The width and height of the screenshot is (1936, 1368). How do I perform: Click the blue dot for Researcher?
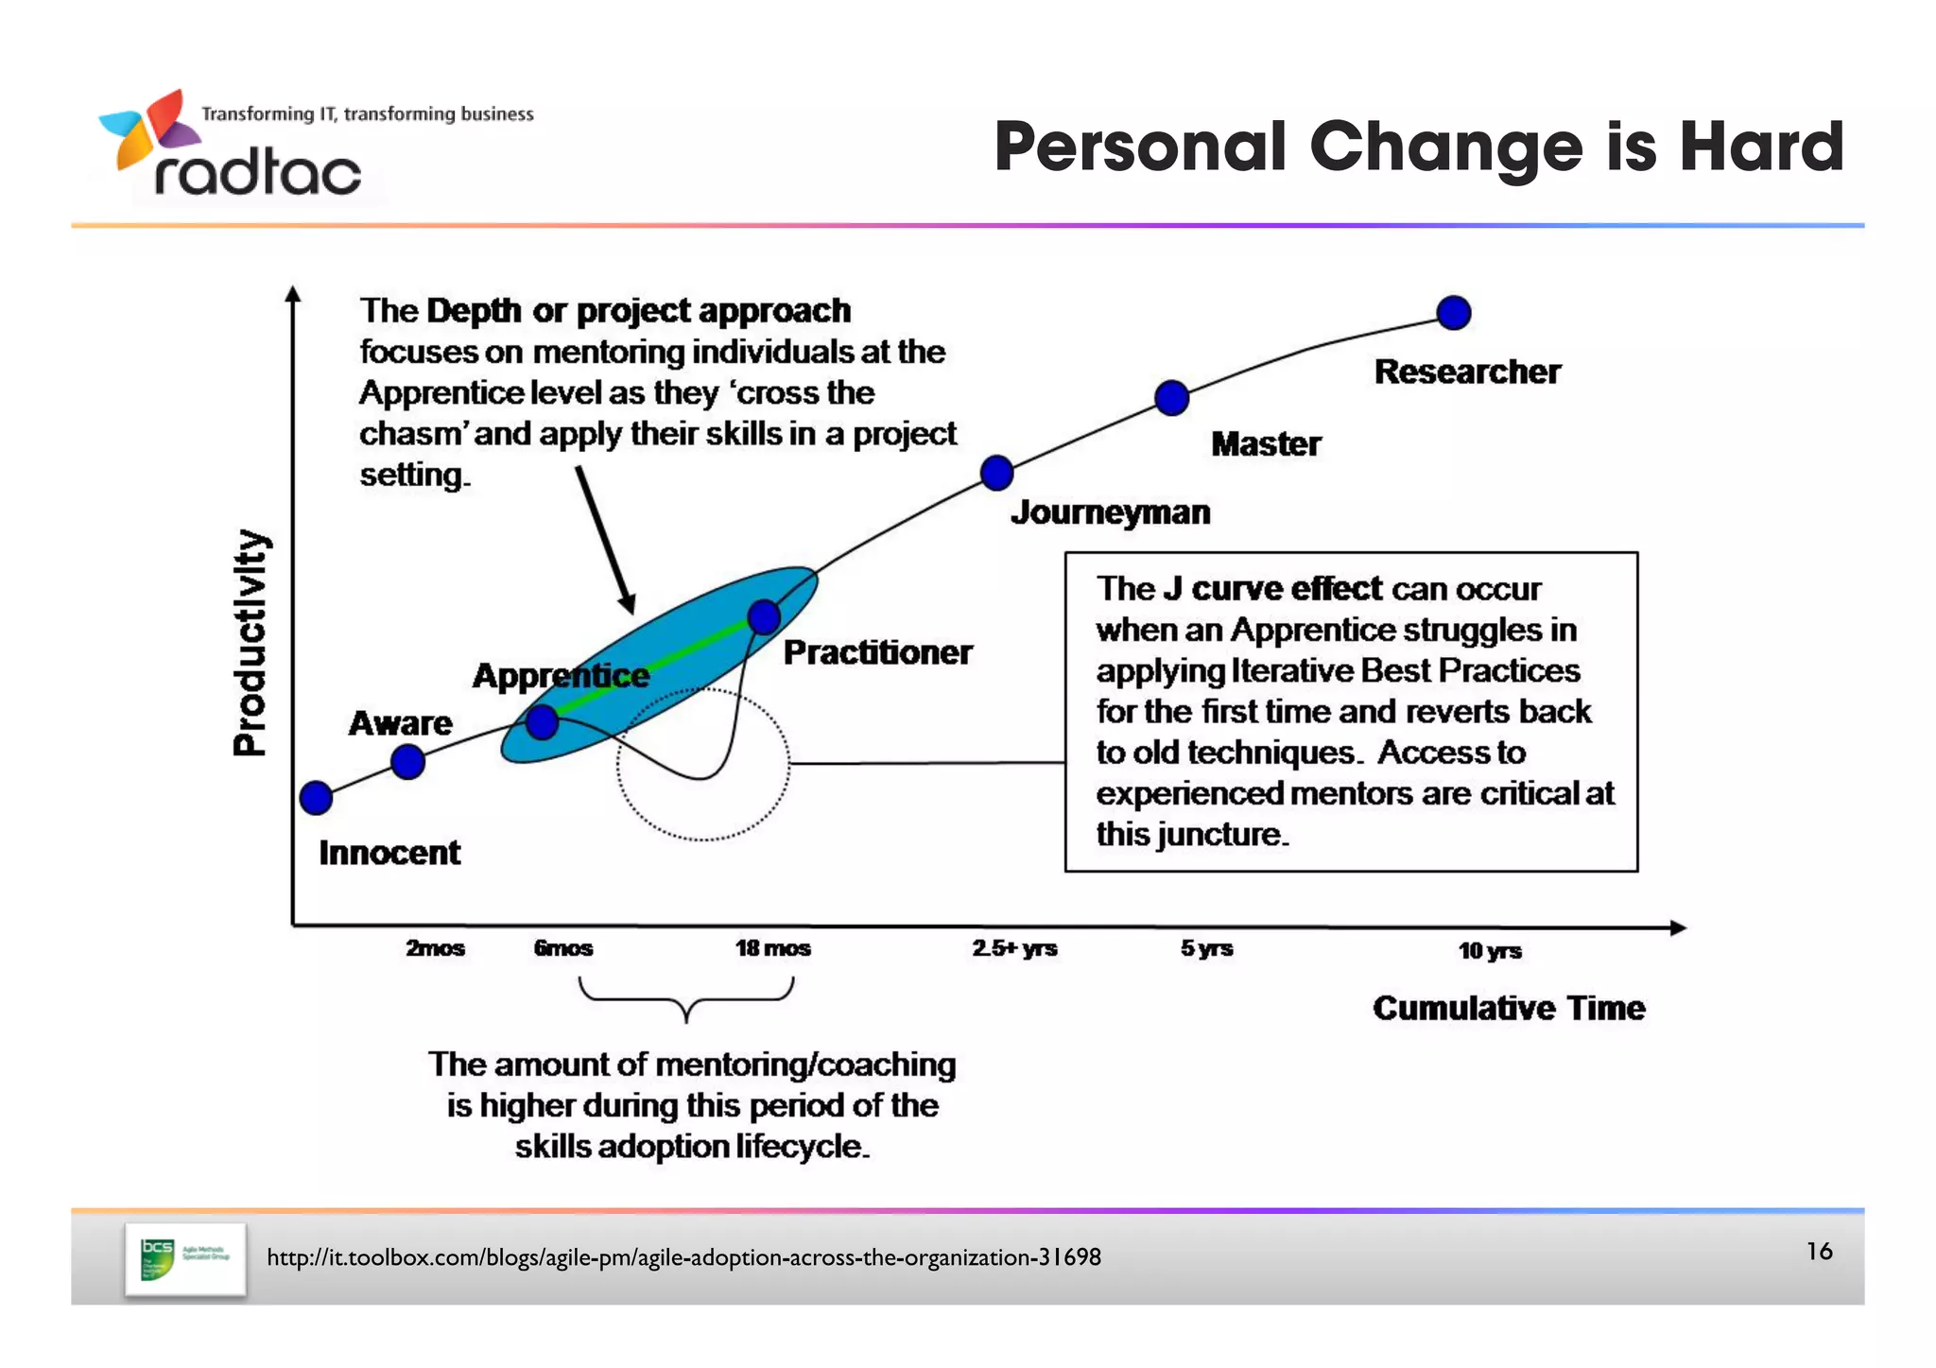pyautogui.click(x=1453, y=312)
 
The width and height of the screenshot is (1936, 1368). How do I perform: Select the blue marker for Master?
pyautogui.click(x=1171, y=398)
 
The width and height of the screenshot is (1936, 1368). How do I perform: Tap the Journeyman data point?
pyautogui.click(x=996, y=473)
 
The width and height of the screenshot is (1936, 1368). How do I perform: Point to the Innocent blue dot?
pyautogui.click(x=316, y=798)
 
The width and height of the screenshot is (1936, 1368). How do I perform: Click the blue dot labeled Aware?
pyautogui.click(x=407, y=761)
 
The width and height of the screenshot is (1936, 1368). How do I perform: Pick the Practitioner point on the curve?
pyautogui.click(x=764, y=617)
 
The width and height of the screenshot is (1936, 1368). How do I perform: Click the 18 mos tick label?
pyautogui.click(x=772, y=948)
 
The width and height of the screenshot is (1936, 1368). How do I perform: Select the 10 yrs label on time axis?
pyautogui.click(x=1489, y=951)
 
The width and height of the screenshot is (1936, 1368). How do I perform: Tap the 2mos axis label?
pyautogui.click(x=435, y=948)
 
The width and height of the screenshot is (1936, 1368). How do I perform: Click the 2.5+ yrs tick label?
pyautogui.click(x=1014, y=948)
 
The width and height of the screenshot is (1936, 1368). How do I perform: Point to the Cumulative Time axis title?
pyautogui.click(x=1509, y=1008)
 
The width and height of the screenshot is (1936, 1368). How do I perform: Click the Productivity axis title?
pyautogui.click(x=251, y=643)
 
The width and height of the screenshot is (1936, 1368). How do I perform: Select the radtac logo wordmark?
pyautogui.click(x=257, y=174)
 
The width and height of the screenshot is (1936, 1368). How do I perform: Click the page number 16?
pyautogui.click(x=1819, y=1252)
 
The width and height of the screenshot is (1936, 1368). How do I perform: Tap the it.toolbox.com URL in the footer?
pyautogui.click(x=683, y=1257)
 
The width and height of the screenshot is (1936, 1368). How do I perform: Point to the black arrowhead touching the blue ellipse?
pyautogui.click(x=628, y=604)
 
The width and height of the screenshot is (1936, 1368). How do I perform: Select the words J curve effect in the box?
pyautogui.click(x=1272, y=589)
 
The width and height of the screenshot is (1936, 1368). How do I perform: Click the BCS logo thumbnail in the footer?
pyautogui.click(x=184, y=1259)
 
